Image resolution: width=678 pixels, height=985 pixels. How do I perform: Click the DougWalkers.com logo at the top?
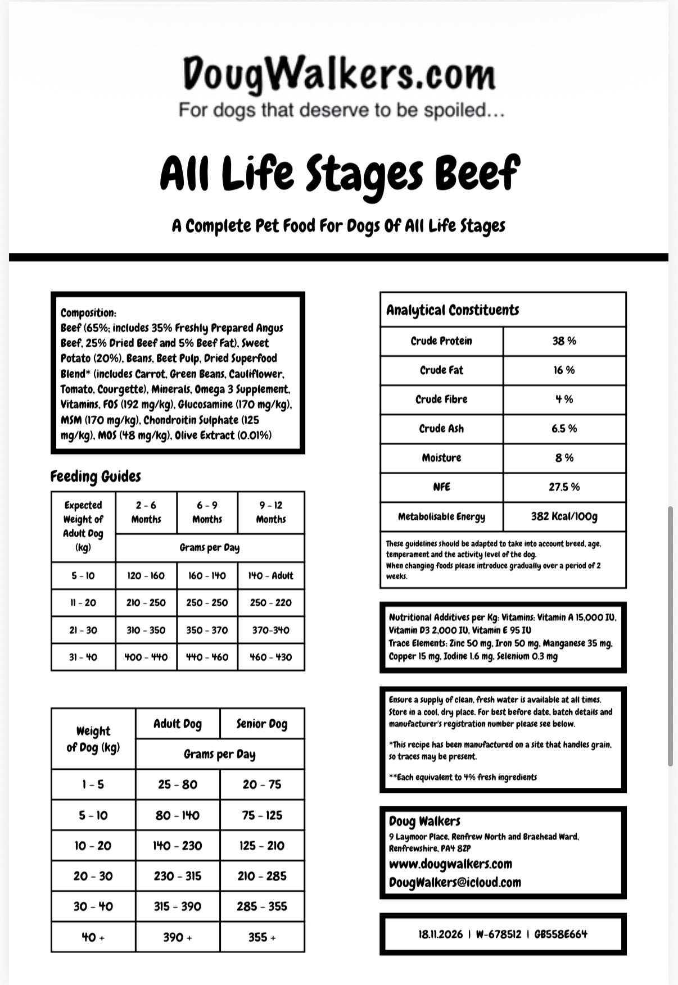pyautogui.click(x=339, y=74)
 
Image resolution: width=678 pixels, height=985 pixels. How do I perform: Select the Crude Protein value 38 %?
pyautogui.click(x=564, y=341)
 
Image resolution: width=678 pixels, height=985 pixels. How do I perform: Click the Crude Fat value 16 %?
pyautogui.click(x=564, y=370)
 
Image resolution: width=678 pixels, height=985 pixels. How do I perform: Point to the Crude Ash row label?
pyautogui.click(x=441, y=429)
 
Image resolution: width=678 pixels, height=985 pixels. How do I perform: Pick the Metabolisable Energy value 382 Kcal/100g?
pyautogui.click(x=564, y=516)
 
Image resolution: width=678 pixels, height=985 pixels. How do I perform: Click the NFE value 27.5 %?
pyautogui.click(x=564, y=487)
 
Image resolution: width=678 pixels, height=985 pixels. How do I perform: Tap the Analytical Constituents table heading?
pyautogui.click(x=453, y=310)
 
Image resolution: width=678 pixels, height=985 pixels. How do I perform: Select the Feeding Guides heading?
pyautogui.click(x=96, y=476)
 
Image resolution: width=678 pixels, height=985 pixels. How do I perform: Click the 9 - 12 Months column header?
pyautogui.click(x=271, y=512)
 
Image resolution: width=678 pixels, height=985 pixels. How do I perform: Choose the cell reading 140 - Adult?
pyautogui.click(x=271, y=576)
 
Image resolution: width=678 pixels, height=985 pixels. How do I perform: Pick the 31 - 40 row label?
pyautogui.click(x=83, y=657)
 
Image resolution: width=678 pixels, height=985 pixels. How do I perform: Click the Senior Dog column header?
pyautogui.click(x=262, y=724)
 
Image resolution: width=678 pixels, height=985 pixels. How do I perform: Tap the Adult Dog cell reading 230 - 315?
pyautogui.click(x=178, y=876)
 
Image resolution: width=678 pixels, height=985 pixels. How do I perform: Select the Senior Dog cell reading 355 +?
pyautogui.click(x=262, y=937)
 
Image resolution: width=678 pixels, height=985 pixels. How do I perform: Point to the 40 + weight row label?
pyautogui.click(x=93, y=937)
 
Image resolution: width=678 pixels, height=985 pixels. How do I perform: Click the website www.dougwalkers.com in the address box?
pyautogui.click(x=450, y=864)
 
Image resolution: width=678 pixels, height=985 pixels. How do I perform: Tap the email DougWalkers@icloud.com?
pyautogui.click(x=455, y=882)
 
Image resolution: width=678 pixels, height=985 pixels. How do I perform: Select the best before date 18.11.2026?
pyautogui.click(x=440, y=934)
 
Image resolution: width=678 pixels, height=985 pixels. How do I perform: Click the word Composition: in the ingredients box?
pyautogui.click(x=88, y=313)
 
